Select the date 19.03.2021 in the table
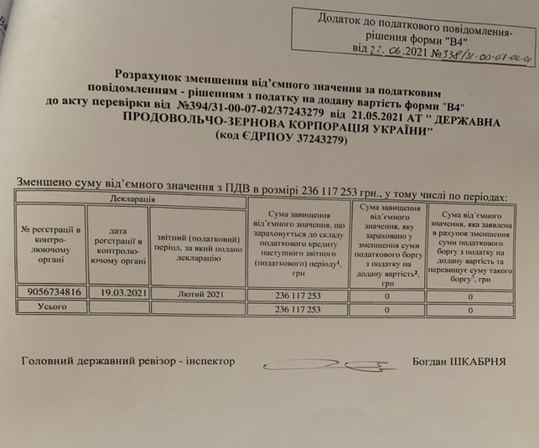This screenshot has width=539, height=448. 118,293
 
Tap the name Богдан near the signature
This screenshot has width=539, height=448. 431,363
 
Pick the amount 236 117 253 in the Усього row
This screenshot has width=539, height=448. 298,310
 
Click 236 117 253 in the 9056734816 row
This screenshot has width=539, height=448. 298,296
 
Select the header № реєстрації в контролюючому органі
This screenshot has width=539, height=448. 52,242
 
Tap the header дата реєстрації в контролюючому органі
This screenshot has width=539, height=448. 118,242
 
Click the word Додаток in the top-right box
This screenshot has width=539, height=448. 343,18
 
